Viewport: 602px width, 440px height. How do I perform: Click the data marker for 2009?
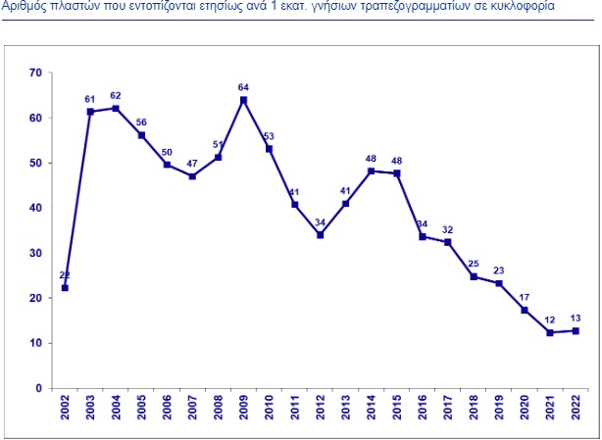[x=243, y=101]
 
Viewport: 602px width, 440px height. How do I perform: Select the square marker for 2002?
[x=65, y=288]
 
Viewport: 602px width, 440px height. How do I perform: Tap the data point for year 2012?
[x=321, y=235]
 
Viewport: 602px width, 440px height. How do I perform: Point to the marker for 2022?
[x=576, y=330]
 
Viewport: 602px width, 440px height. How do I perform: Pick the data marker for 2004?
[x=116, y=108]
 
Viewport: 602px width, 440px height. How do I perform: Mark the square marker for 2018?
[x=474, y=276]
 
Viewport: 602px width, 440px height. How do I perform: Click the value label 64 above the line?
[x=243, y=88]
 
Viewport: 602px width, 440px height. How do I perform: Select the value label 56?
[x=141, y=122]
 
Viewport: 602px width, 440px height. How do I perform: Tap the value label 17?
[x=525, y=297]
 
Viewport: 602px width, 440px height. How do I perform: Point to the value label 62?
[x=116, y=95]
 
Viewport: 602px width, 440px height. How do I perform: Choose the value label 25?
[x=474, y=264]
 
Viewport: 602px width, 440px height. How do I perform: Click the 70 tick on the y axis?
[x=35, y=73]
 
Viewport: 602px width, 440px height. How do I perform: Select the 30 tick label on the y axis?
[x=35, y=253]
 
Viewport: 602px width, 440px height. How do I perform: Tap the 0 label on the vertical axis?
[x=38, y=388]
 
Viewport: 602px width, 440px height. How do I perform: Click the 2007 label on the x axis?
[x=192, y=408]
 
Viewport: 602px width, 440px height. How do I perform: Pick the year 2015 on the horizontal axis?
[x=397, y=408]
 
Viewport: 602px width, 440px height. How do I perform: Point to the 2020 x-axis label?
[x=525, y=408]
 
